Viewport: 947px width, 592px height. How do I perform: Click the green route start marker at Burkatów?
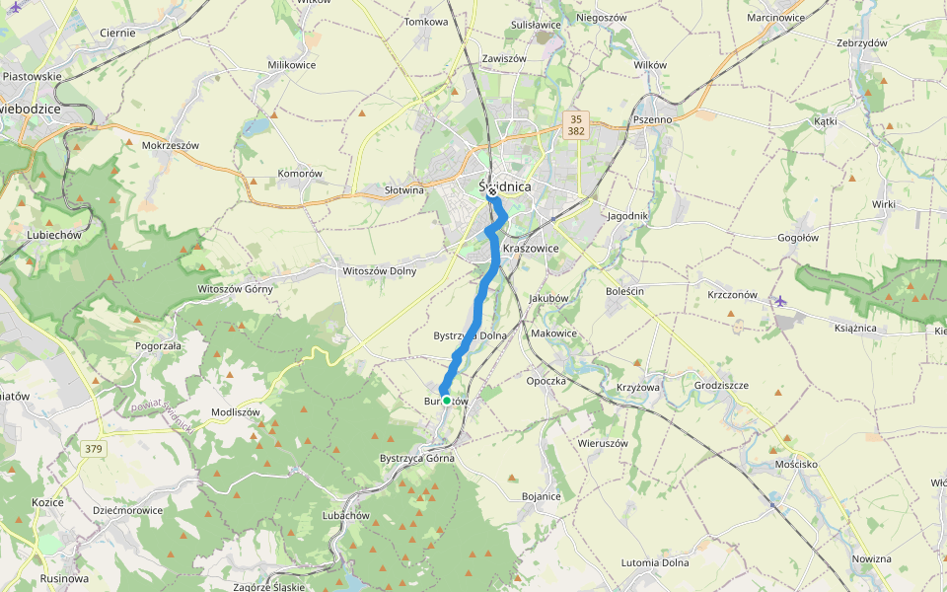point(447,401)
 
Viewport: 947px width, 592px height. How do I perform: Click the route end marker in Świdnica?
point(491,193)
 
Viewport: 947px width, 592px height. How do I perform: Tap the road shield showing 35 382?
point(577,124)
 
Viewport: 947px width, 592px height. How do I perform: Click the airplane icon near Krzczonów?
point(781,300)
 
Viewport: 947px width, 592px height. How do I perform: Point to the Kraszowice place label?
point(531,249)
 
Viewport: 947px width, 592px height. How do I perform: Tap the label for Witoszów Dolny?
point(379,271)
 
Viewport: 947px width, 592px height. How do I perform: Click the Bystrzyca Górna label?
point(417,459)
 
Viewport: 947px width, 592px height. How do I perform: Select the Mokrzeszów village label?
point(171,145)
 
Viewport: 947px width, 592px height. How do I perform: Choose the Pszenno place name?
point(652,119)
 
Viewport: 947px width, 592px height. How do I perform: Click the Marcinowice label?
point(775,18)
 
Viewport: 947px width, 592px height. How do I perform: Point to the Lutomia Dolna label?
point(655,562)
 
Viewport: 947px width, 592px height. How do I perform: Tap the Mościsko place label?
point(797,463)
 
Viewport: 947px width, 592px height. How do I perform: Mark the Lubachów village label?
point(345,516)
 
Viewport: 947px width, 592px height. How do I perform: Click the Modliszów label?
point(236,412)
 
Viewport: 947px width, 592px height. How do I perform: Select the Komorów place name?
point(300,174)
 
